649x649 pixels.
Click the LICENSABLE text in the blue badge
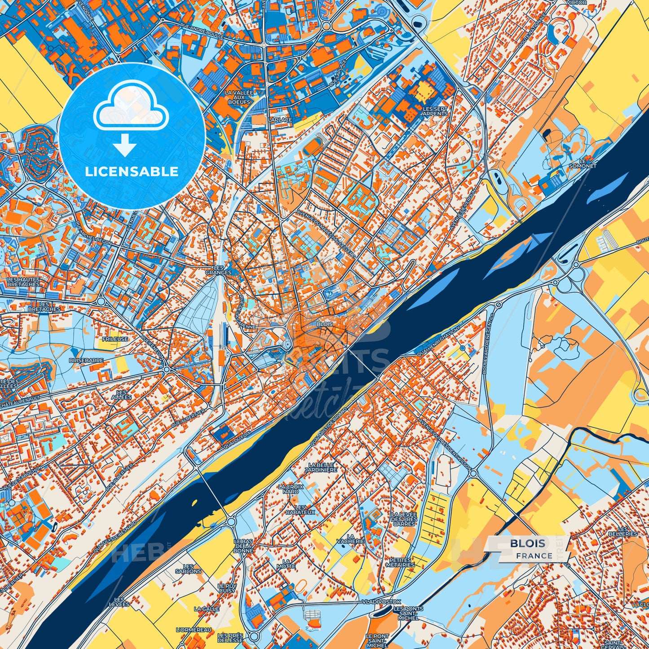[132, 172]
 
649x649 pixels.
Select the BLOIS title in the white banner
[527, 543]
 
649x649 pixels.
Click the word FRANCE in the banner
[534, 556]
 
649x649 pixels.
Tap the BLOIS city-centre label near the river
[325, 324]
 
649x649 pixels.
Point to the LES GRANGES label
[219, 270]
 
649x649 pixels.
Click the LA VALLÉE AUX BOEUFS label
[239, 97]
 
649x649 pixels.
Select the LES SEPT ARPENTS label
[435, 111]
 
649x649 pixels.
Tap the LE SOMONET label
[583, 163]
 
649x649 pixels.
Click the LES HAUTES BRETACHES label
[23, 282]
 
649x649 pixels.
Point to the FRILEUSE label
[115, 339]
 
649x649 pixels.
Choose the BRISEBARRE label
[86, 360]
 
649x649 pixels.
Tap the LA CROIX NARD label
[291, 489]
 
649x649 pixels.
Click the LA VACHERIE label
[350, 539]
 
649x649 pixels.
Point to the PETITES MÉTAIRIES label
[400, 562]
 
